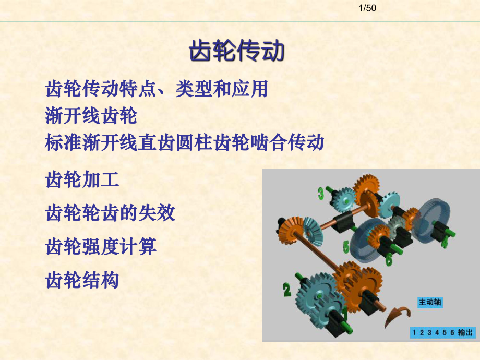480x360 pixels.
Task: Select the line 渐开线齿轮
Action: point(91,116)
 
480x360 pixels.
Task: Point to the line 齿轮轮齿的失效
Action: point(111,213)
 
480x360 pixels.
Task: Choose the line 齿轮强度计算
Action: point(101,246)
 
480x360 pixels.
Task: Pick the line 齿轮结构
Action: point(82,280)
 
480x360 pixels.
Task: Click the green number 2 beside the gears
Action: point(287,289)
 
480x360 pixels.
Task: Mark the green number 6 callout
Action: point(389,259)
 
